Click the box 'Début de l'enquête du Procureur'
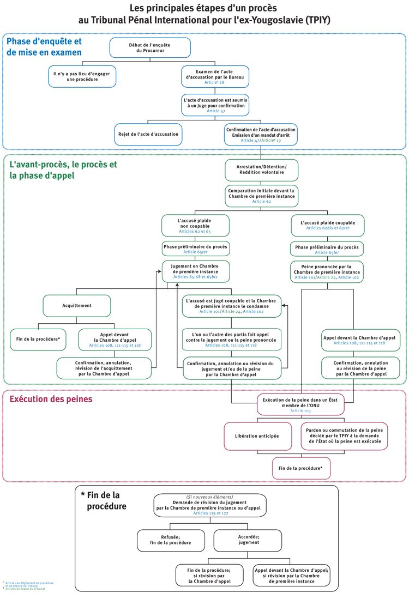coord(150,47)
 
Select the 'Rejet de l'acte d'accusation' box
coord(148,134)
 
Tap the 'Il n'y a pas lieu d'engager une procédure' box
coord(82,76)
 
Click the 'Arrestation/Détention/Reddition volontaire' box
coord(261,169)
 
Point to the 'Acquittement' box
coord(77,306)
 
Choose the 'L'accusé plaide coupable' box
coord(327,225)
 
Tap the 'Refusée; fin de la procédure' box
coord(171,540)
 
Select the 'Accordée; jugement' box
coord(249,540)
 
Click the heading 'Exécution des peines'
coord(51,400)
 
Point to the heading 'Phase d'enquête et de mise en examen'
coord(44,47)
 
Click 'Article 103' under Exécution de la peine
coord(300,410)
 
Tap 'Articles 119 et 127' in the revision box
coord(209,513)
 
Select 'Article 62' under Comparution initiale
coord(261,201)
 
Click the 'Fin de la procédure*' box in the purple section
coord(301,468)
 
